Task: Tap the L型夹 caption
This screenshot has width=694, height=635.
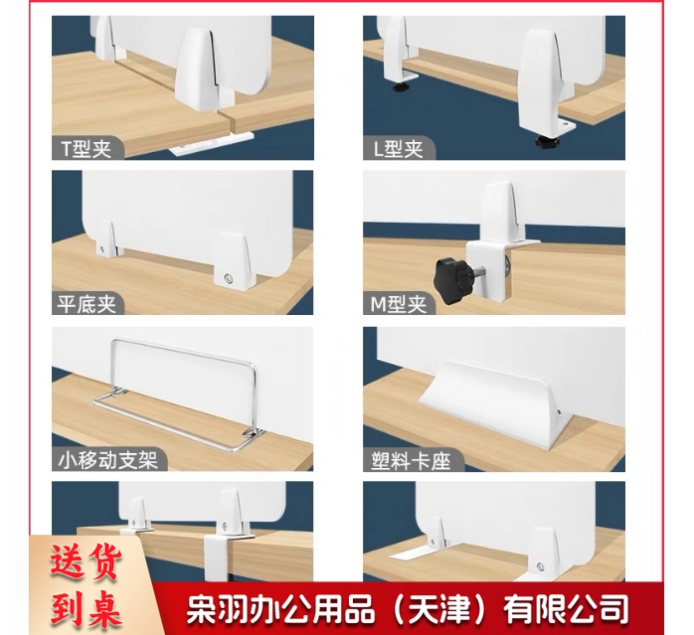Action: [x=398, y=149]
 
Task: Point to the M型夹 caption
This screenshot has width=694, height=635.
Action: [x=399, y=304]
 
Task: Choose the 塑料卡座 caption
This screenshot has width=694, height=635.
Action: [x=407, y=460]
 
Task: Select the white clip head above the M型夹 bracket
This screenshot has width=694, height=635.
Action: [x=498, y=210]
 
